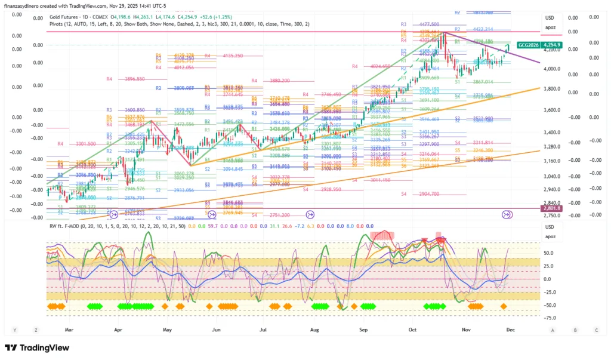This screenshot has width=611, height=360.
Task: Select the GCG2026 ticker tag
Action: [528, 45]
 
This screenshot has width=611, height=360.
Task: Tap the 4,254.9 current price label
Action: [551, 45]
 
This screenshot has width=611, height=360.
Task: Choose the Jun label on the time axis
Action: [216, 330]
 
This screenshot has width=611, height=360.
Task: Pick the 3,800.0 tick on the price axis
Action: [554, 89]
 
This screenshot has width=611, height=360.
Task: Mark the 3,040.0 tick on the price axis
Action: [554, 176]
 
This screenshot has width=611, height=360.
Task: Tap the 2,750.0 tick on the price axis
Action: [554, 216]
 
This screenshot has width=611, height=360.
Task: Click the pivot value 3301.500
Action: [87, 144]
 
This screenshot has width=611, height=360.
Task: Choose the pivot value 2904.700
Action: [428, 194]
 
